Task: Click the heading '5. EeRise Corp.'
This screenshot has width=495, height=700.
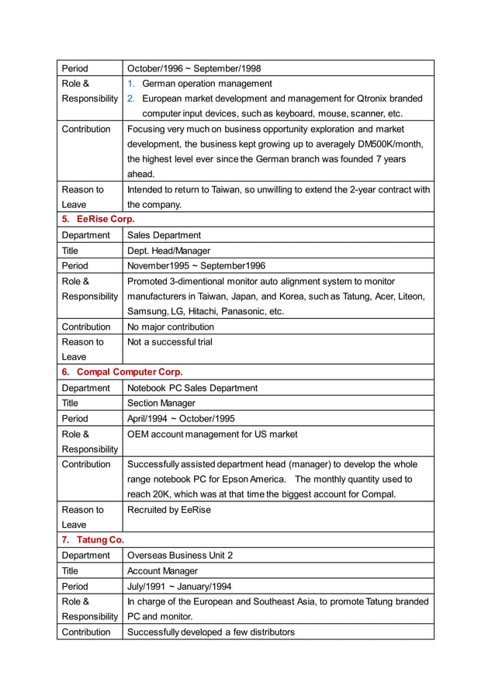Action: click(x=98, y=220)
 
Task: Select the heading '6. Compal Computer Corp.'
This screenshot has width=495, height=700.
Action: click(x=123, y=373)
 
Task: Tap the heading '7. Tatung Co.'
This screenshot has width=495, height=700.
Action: click(x=93, y=540)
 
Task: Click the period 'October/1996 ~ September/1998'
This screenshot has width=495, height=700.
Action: click(x=194, y=68)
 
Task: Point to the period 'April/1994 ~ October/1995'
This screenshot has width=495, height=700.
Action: click(x=181, y=418)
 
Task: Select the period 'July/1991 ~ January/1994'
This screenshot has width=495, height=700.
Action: click(x=178, y=587)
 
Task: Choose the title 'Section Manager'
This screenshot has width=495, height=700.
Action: click(x=161, y=404)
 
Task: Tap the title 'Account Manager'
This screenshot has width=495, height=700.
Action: click(x=162, y=571)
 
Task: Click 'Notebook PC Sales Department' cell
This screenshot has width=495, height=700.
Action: click(x=192, y=388)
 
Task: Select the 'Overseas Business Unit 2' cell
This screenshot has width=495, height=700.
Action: click(x=179, y=556)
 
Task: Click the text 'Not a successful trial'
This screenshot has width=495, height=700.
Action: click(x=169, y=342)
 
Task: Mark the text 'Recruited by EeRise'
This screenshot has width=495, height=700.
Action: click(x=168, y=510)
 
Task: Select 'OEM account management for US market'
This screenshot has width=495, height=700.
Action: click(x=212, y=434)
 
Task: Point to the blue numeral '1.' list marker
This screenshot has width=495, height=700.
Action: click(x=131, y=84)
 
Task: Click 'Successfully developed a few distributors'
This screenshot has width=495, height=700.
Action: click(x=210, y=632)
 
